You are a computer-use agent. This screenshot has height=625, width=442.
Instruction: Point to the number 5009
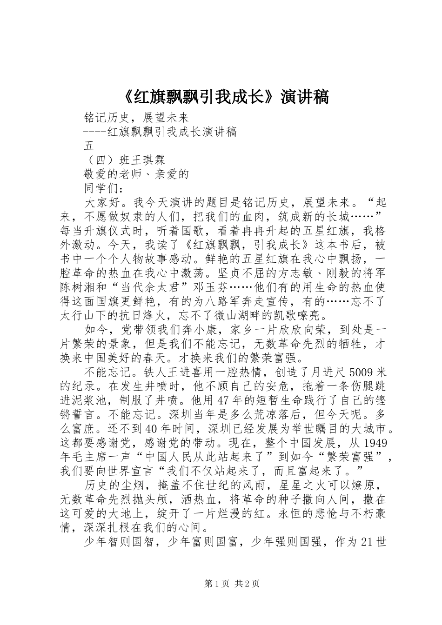point(359,372)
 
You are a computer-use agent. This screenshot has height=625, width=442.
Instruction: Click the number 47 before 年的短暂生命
point(225,401)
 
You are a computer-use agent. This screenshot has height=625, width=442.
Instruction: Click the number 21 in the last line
point(367,542)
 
